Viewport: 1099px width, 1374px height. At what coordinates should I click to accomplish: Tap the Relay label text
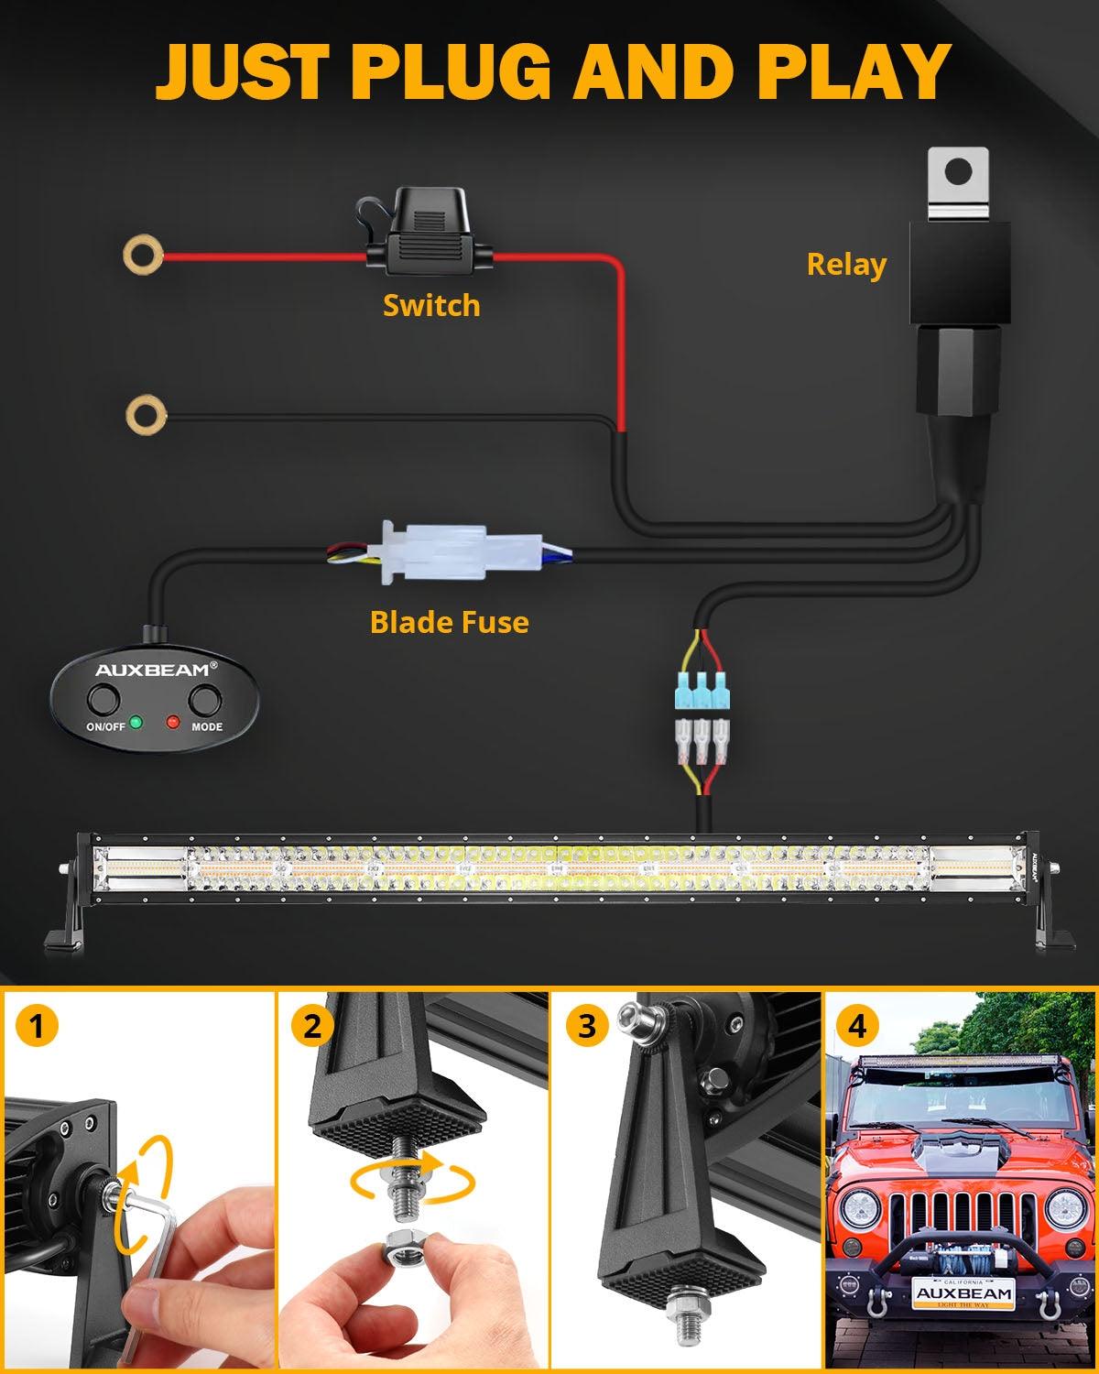(x=846, y=265)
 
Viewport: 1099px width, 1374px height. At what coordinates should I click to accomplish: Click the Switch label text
(x=430, y=305)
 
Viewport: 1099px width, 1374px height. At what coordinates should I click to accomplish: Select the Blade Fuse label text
(x=449, y=622)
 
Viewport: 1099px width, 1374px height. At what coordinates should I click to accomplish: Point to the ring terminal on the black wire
(x=146, y=414)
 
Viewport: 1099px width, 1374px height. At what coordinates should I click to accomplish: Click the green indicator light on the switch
(x=136, y=722)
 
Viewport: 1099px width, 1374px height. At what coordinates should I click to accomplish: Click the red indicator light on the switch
(x=172, y=722)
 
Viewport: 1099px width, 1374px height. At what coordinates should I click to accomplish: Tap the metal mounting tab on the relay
(x=957, y=183)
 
